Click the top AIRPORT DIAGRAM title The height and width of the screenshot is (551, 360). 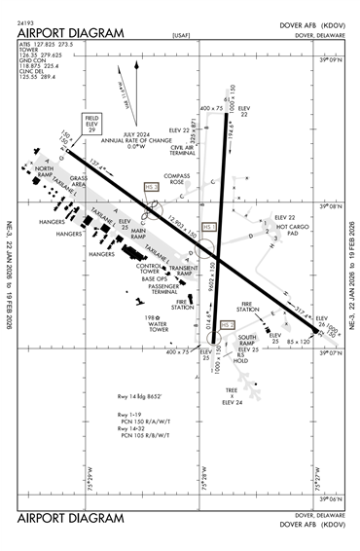(x=71, y=32)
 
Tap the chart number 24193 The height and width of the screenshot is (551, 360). (x=27, y=19)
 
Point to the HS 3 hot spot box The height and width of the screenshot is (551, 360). (x=151, y=184)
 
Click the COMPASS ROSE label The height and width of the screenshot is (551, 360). (x=178, y=179)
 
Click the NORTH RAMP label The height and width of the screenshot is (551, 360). (x=45, y=171)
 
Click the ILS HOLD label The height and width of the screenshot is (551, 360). (x=241, y=358)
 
